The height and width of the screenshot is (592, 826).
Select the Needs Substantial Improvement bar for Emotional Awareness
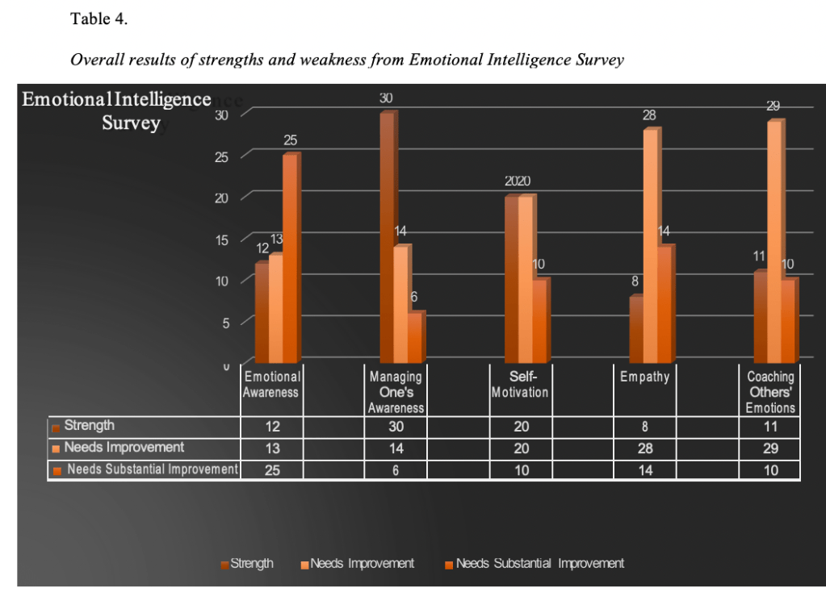point(290,258)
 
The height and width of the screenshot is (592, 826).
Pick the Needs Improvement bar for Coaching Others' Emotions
point(774,242)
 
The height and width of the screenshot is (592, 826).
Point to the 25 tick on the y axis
point(222,156)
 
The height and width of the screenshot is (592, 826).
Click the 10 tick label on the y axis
point(222,281)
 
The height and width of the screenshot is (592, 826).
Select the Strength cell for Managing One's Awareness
point(396,427)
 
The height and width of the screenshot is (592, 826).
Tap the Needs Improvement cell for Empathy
point(645,448)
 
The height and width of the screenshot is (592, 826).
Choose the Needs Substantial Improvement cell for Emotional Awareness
point(272,470)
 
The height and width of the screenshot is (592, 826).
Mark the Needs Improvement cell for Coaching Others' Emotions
point(770,448)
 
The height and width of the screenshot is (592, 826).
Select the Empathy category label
point(644,377)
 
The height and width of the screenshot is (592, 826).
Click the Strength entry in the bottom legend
point(251,564)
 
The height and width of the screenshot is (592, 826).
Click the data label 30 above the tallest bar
point(387,98)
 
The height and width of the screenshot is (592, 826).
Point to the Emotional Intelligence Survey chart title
point(117,111)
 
